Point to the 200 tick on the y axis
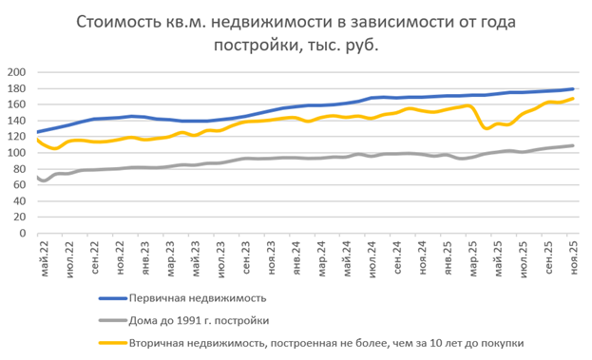16,72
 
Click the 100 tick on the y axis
16,154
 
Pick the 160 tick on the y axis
16,104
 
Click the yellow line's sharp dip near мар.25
487,127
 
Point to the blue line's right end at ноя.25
574,89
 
